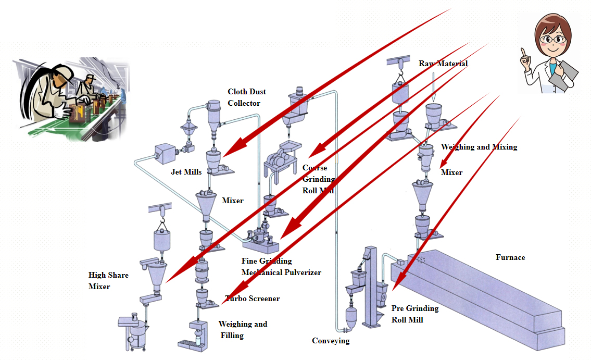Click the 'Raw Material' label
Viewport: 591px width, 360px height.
coord(443,64)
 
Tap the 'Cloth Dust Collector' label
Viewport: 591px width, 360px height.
coord(247,97)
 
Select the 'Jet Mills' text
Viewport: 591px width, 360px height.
coord(186,172)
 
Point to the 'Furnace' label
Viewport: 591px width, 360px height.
coord(510,257)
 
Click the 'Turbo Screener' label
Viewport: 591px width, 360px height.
coord(253,299)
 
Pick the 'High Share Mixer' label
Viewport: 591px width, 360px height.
coord(108,281)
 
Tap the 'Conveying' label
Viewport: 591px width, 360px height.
coord(331,341)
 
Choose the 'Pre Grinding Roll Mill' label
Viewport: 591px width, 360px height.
coord(415,314)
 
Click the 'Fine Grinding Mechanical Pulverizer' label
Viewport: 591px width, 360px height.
coord(281,266)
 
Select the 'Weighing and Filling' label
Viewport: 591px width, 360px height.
coord(243,330)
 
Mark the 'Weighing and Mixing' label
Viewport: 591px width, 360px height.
coord(479,147)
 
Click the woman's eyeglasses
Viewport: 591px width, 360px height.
coord(552,39)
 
